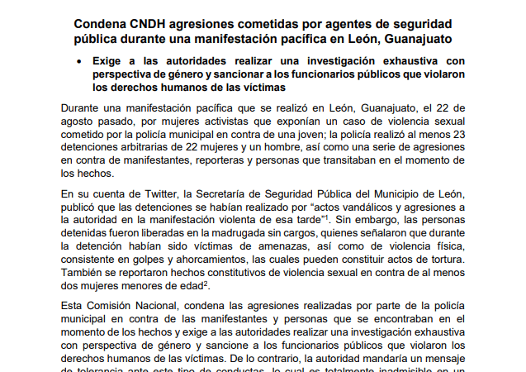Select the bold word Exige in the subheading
coord(108,60)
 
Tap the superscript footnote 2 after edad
coord(205,282)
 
